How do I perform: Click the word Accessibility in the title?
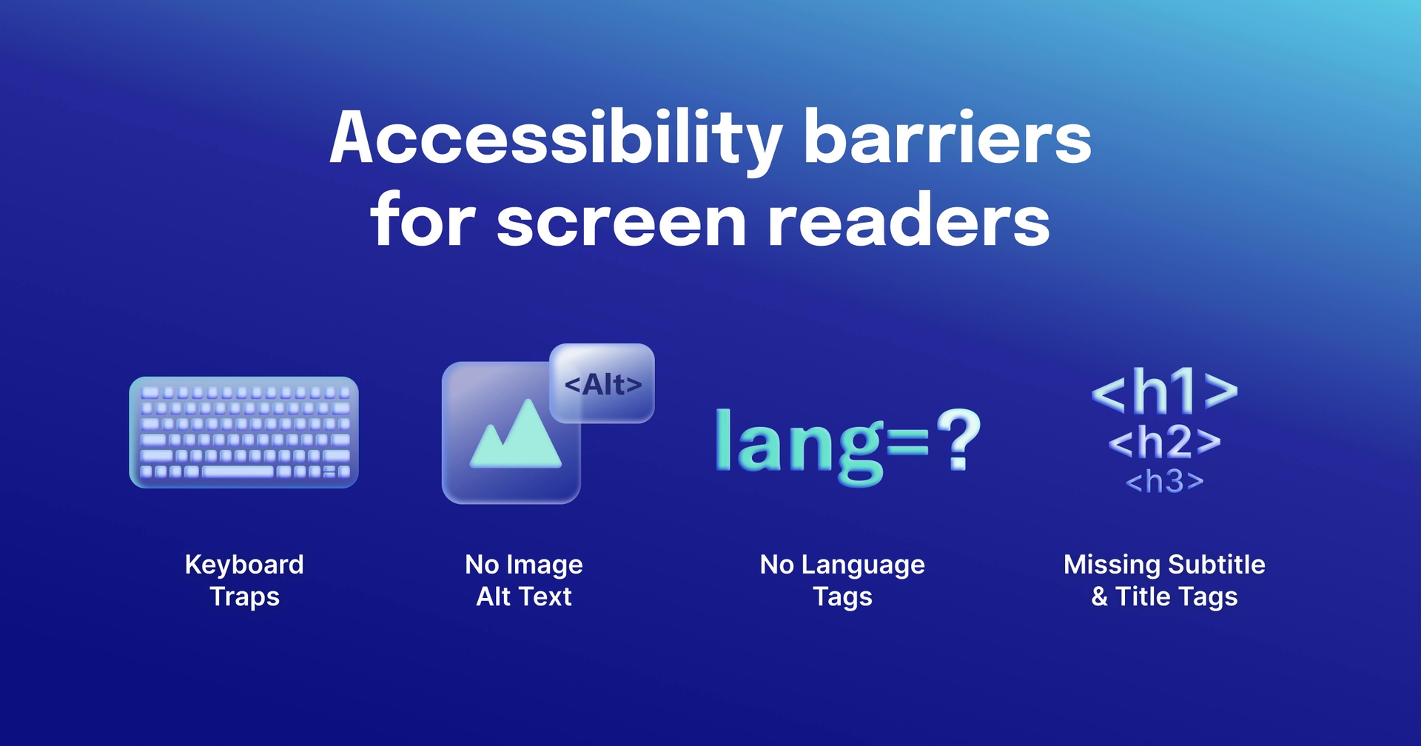click(x=555, y=138)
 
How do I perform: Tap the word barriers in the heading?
click(x=947, y=138)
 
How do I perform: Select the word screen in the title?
click(x=621, y=221)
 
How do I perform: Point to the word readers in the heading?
click(x=908, y=221)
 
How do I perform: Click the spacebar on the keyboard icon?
click(x=238, y=471)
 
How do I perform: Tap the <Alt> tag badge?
click(x=602, y=384)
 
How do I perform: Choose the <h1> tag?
click(x=1164, y=392)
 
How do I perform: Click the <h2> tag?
click(x=1164, y=442)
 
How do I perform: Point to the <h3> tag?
click(x=1164, y=482)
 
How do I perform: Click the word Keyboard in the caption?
click(x=244, y=565)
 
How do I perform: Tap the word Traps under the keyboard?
click(x=244, y=597)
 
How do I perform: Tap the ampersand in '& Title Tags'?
click(x=1099, y=597)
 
